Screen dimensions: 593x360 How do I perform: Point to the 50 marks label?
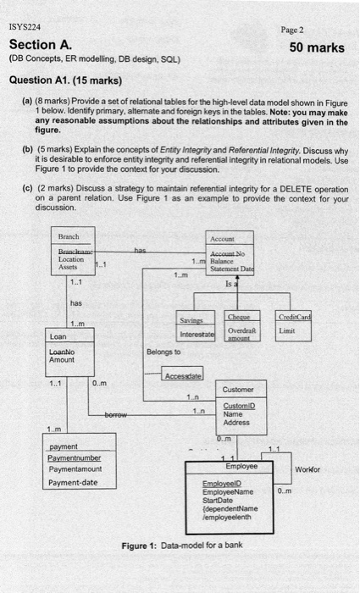click(x=317, y=47)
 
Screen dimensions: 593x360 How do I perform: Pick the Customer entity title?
click(x=236, y=391)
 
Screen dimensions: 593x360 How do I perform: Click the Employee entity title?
click(x=241, y=466)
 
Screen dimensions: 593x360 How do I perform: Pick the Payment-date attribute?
click(x=73, y=482)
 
